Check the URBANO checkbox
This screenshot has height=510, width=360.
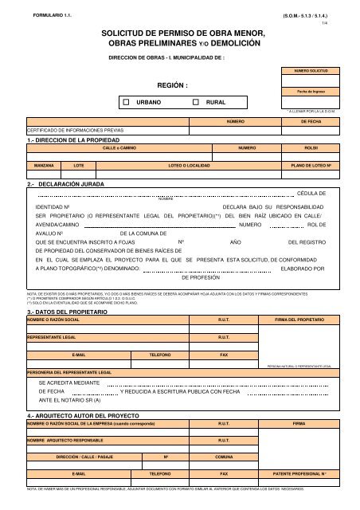pos(128,103)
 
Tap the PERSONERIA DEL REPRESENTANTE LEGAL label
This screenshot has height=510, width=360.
pos(69,372)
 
